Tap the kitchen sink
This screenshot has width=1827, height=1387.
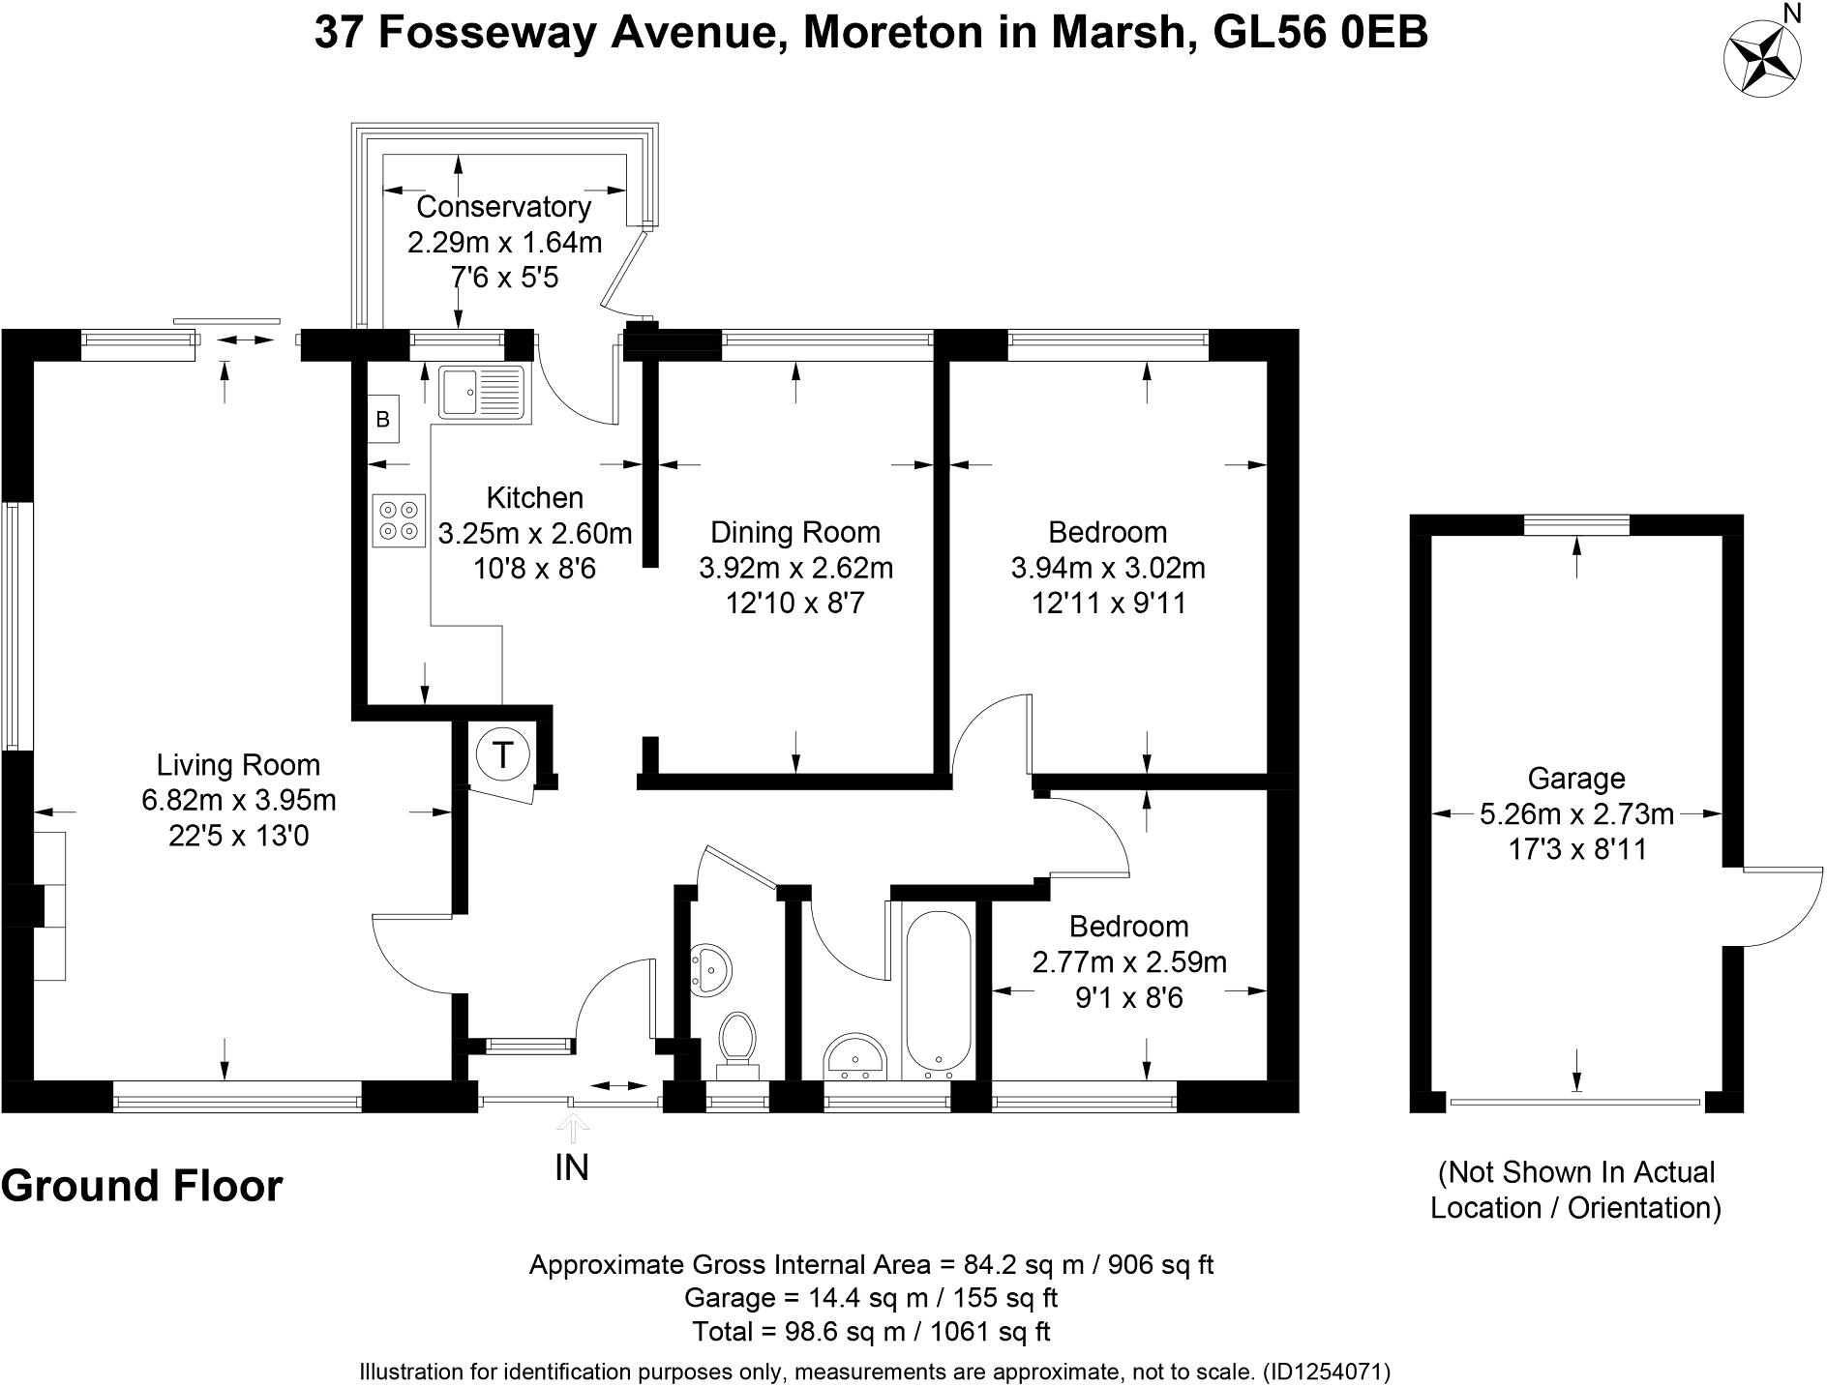[x=481, y=393]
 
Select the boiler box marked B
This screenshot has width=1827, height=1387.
[x=383, y=420]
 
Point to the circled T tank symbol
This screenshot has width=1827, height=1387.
[x=502, y=754]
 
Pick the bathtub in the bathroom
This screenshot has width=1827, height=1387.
[x=937, y=994]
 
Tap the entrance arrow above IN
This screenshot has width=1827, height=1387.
[x=572, y=1128]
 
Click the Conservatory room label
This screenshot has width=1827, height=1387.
[x=503, y=206]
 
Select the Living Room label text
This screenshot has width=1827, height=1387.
[x=238, y=765]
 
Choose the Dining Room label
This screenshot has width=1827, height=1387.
[x=795, y=532]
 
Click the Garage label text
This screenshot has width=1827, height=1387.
[x=1576, y=779]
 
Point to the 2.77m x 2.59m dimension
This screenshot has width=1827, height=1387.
[x=1129, y=962]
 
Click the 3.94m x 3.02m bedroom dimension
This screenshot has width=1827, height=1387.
[x=1108, y=568]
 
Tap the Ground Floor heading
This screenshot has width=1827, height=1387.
[x=141, y=1186]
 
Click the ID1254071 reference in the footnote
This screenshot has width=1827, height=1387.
[x=1326, y=1372]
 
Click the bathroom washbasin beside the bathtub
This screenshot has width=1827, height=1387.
[x=854, y=1058]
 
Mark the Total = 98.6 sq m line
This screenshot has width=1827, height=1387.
[x=871, y=1331]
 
